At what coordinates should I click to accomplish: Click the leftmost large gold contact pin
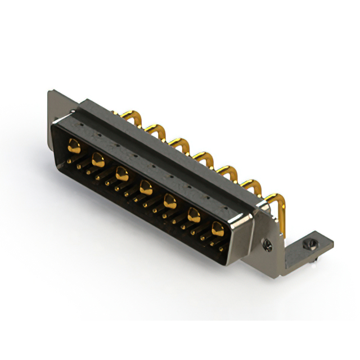click(73, 147)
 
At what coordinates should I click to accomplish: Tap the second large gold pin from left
click(97, 160)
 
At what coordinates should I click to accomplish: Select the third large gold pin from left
click(121, 173)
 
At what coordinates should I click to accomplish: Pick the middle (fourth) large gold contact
click(146, 186)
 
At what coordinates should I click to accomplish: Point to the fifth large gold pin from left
click(170, 200)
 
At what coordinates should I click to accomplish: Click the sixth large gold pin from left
click(194, 214)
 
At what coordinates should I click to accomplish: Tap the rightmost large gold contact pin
click(218, 228)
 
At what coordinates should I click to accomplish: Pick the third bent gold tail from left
click(181, 143)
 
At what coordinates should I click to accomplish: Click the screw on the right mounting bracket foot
click(308, 245)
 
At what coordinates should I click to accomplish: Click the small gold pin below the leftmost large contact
click(70, 161)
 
